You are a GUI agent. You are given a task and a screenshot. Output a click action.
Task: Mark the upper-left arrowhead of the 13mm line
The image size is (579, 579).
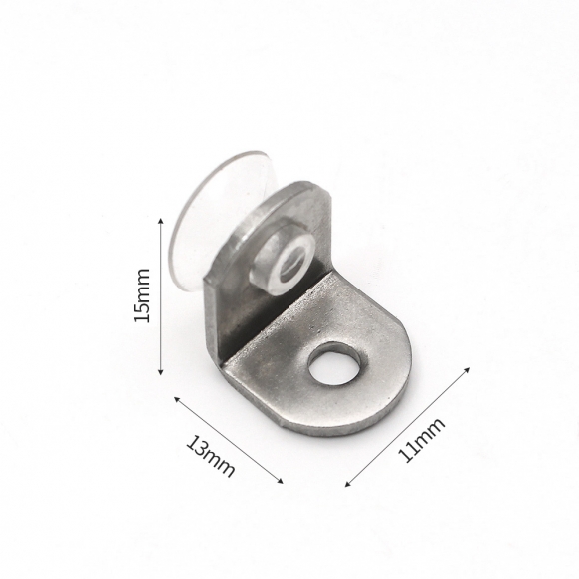pos(177,397)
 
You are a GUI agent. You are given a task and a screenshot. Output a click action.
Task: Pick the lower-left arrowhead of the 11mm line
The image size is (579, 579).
pos(346,484)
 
